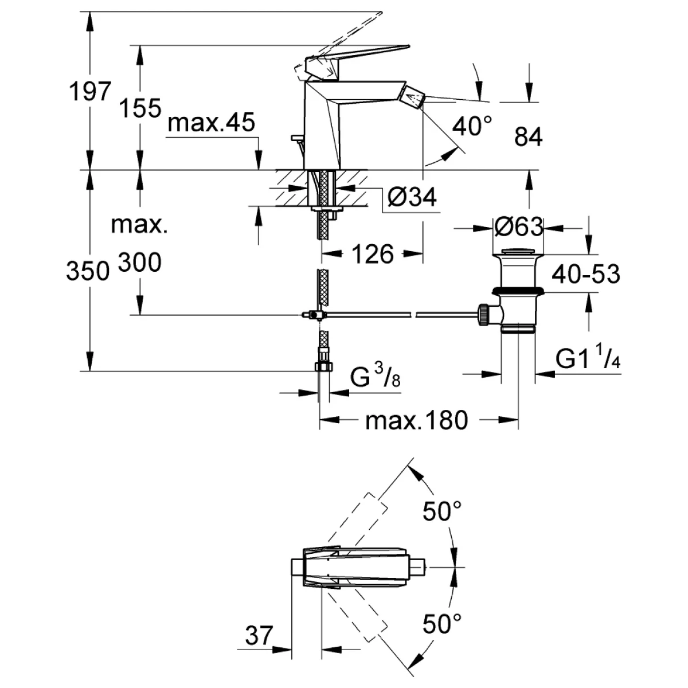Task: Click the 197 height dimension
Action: tap(89, 91)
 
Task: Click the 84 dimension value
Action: tap(528, 138)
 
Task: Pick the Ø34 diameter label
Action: tap(412, 197)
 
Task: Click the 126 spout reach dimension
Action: tap(373, 253)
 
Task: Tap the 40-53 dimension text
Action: tap(586, 274)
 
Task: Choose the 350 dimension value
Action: tap(88, 271)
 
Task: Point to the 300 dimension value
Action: tap(140, 263)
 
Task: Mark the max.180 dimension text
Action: tap(417, 421)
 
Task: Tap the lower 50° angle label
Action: tap(442, 623)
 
